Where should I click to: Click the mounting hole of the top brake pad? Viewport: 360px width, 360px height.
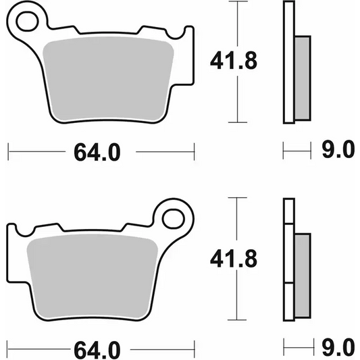27,22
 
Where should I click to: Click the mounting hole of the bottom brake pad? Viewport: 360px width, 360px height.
174,219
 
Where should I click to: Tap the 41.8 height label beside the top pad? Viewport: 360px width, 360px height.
234,61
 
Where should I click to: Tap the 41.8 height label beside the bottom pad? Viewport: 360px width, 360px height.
234,259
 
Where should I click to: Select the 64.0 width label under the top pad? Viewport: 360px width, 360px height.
97,152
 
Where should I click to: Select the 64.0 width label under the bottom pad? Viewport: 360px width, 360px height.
97,351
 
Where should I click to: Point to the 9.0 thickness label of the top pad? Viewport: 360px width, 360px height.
338,150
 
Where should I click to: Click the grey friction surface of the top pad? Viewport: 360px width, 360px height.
108,79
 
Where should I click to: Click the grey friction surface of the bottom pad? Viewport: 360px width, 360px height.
93,276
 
